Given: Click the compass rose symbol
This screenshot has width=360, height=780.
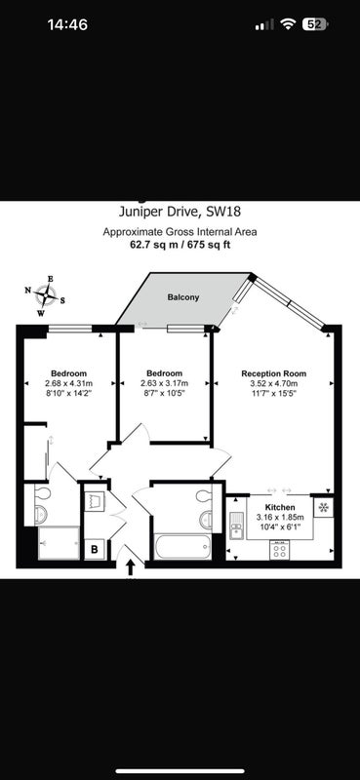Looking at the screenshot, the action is tap(45, 296).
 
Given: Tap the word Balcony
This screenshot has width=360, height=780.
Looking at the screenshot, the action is tap(182, 297).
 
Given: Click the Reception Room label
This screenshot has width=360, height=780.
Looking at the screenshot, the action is tap(273, 373).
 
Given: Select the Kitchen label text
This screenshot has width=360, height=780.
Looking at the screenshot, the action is tap(279, 507).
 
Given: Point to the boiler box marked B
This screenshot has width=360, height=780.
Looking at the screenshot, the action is tap(94, 550).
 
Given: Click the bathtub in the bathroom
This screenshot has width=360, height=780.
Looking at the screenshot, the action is tap(181, 547).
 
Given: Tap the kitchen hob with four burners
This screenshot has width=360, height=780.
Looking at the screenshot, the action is tap(280, 550).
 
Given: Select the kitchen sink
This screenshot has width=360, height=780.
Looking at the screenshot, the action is tap(236, 526).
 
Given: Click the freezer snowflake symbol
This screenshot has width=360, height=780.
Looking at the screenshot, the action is tap(324, 507).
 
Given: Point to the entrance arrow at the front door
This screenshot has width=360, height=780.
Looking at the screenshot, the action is tap(131, 567).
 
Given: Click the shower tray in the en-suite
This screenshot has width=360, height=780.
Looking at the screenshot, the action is tap(59, 543).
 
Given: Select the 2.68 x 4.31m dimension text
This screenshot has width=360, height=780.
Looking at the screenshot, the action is tap(68, 383).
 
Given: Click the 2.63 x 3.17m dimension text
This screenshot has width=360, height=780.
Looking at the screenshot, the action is tap(164, 383).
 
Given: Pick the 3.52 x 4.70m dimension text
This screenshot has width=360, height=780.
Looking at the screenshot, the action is tap(273, 383).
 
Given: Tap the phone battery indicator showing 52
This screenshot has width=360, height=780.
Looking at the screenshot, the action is tap(315, 24).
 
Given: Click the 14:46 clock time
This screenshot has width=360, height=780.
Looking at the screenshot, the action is tap(67, 24).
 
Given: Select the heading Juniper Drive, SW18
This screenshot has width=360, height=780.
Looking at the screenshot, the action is tap(180, 213).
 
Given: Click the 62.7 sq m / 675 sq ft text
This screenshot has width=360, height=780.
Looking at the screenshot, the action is tap(180, 245).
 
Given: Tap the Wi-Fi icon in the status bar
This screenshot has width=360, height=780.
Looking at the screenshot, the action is tap(288, 24).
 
